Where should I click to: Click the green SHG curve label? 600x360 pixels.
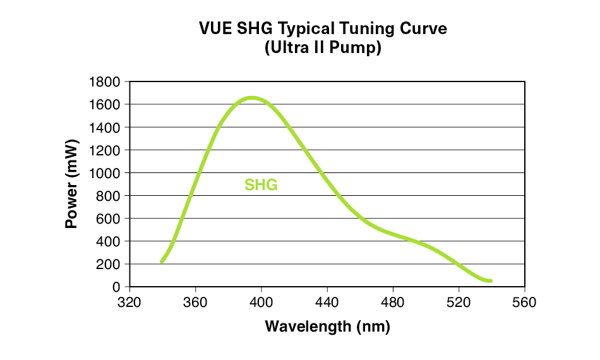point(261,186)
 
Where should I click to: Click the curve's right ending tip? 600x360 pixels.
point(490,280)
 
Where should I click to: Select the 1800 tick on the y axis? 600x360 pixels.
point(107,82)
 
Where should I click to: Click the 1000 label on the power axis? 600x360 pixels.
point(107,173)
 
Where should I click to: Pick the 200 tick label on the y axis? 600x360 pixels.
point(110,264)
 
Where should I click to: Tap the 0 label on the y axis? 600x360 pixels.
point(116,287)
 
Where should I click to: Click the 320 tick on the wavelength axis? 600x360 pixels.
point(129,303)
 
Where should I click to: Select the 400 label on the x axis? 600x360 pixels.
point(261,303)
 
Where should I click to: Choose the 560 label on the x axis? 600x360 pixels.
point(524,303)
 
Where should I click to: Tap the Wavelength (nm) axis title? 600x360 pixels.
point(327,327)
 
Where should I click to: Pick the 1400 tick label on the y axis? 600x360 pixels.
point(107,128)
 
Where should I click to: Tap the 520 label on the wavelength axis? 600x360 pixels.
point(459,303)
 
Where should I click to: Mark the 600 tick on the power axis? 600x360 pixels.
point(110,219)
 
